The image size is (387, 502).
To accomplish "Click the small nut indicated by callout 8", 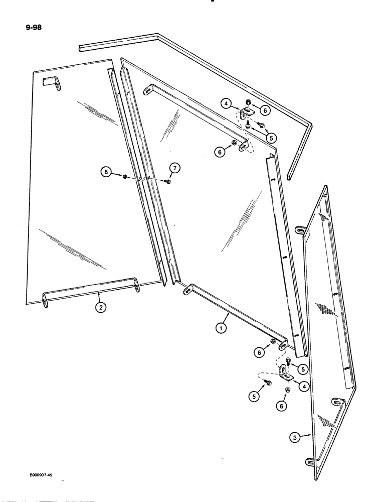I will tap(124, 176).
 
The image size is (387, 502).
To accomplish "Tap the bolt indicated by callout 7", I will tap(167, 182).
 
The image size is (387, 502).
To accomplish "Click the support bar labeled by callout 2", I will tap(90, 291).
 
